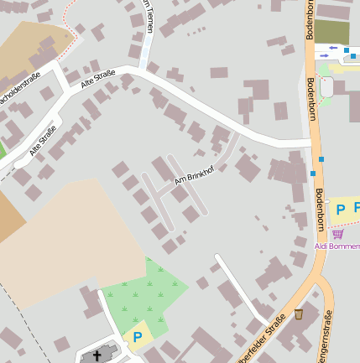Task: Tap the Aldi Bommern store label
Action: [337, 246]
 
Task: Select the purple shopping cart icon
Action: [337, 234]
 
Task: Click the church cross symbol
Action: [97, 355]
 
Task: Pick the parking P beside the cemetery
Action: [136, 337]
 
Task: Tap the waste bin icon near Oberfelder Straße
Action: [299, 315]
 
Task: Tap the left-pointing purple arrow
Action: [333, 49]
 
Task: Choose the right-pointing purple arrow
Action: [324, 56]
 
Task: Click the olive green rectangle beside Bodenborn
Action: [331, 32]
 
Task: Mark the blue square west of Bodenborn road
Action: [312, 174]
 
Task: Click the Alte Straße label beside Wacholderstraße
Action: [97, 80]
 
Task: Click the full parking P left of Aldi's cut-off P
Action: [341, 209]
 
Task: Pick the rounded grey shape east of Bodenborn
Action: [326, 86]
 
